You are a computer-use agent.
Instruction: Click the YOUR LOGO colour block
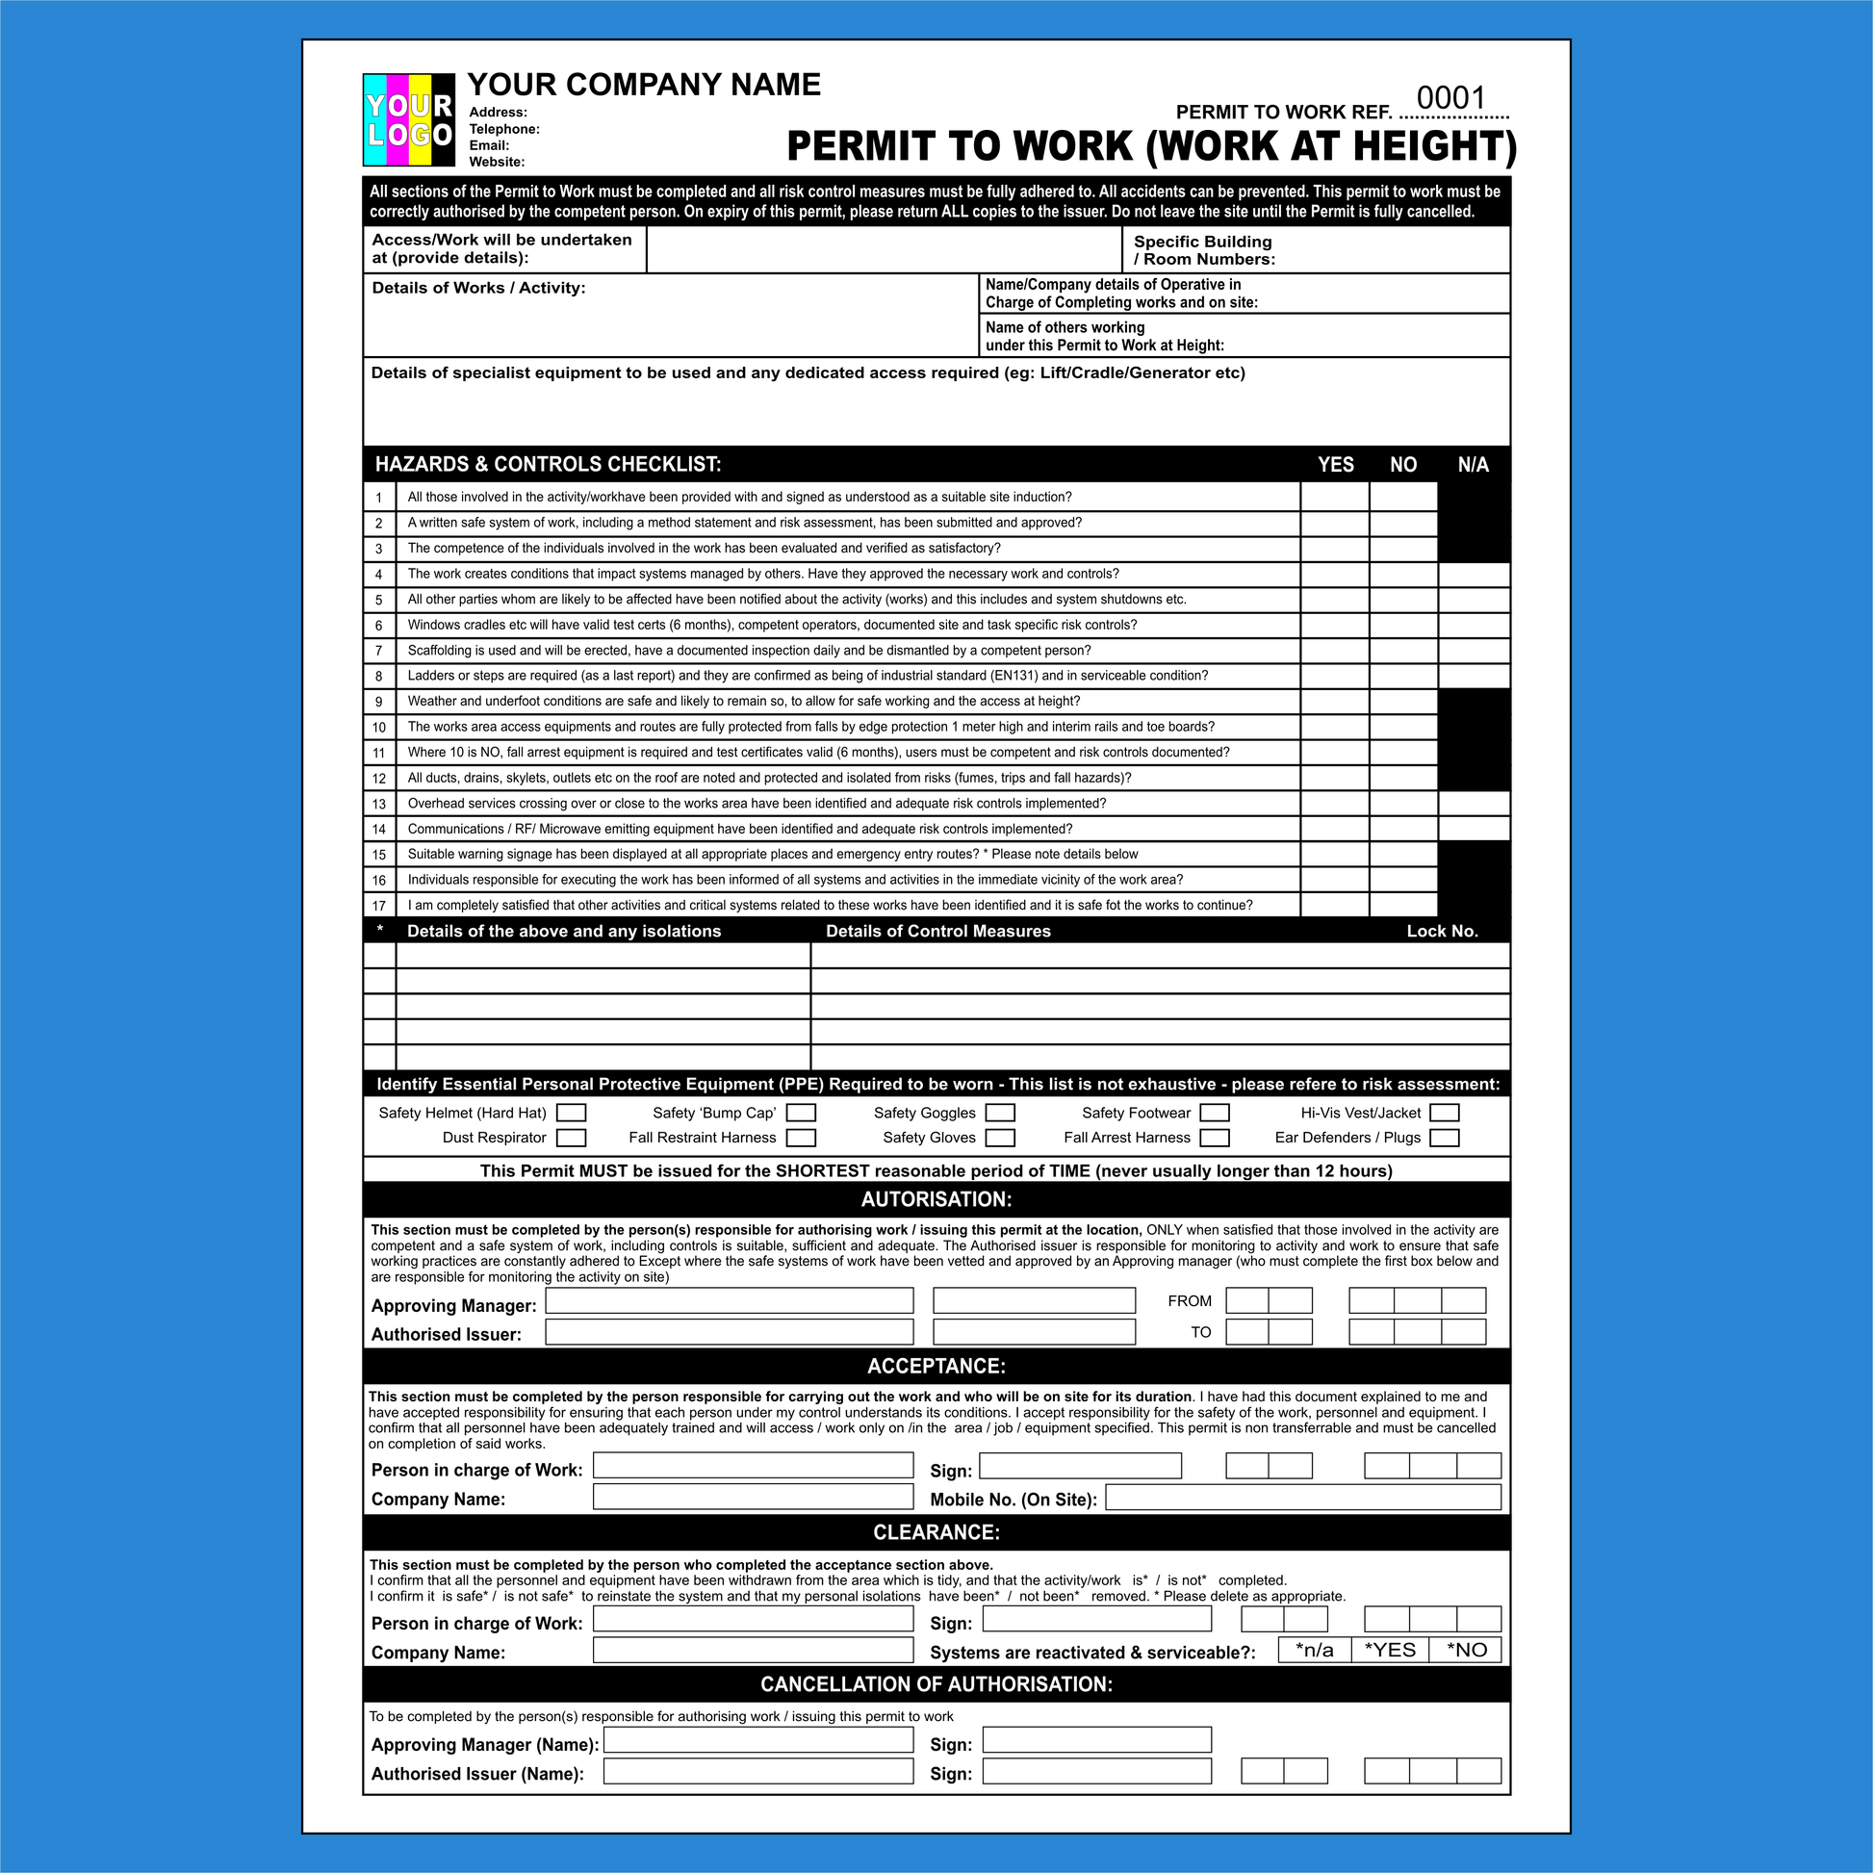coord(408,119)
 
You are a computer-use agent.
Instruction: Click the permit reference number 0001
coord(1450,98)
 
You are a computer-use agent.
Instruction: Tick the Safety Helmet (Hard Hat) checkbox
coord(571,1112)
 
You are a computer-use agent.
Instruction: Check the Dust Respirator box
coord(571,1138)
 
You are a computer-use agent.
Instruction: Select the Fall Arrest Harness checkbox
coord(1214,1138)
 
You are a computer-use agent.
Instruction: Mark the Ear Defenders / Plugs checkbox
coord(1444,1138)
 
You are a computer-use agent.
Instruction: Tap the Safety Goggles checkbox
coord(999,1112)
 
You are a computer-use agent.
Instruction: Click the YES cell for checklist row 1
coord(1334,498)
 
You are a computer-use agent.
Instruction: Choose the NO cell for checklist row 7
coord(1402,651)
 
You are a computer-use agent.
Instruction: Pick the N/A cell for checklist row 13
coord(1474,804)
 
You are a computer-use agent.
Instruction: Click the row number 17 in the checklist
coord(379,906)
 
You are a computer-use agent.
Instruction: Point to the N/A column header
coord(1473,464)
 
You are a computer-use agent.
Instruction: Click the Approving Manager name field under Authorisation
coord(729,1300)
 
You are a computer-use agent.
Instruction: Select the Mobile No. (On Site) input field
coord(1303,1498)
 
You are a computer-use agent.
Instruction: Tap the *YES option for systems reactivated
coord(1389,1650)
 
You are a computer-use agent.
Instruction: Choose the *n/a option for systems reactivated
coord(1314,1650)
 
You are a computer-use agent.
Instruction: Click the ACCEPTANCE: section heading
coord(936,1366)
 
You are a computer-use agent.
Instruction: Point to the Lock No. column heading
coord(1442,931)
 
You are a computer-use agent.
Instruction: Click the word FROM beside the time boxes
coord(1190,1301)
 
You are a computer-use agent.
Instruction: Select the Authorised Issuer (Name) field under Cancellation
coord(758,1771)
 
